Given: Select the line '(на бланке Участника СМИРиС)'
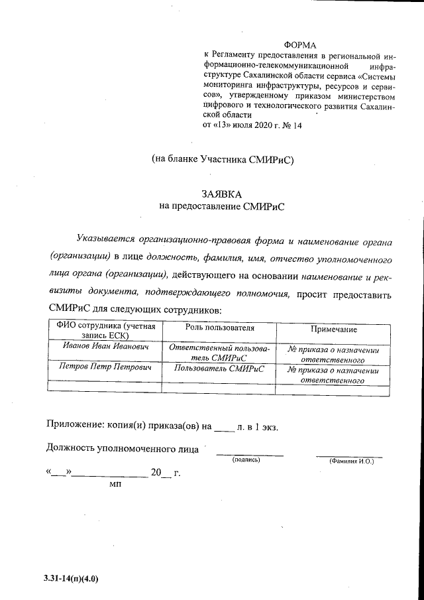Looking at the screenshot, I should (x=222, y=159).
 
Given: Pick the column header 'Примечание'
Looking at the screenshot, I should (x=333, y=329).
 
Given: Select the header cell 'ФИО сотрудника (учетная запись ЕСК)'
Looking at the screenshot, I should (x=106, y=331).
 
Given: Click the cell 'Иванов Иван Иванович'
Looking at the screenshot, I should (x=105, y=347).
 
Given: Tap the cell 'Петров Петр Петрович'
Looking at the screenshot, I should (x=105, y=367).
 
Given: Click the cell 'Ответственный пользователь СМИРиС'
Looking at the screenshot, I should (x=218, y=351).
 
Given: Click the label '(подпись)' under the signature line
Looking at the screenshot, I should (x=246, y=460).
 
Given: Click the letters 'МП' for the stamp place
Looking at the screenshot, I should (x=114, y=485).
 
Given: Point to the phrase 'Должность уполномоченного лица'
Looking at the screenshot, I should (x=123, y=449).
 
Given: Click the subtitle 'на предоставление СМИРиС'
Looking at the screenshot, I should (x=221, y=206).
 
